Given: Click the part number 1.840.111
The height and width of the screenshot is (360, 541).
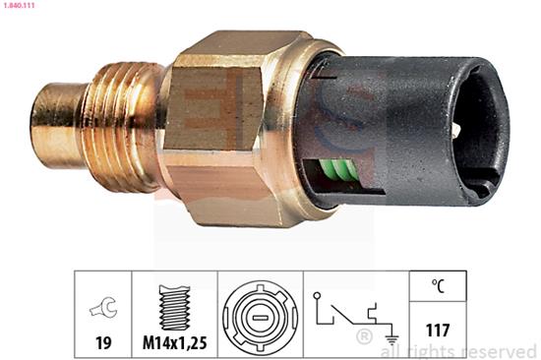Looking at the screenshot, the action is coord(18,6).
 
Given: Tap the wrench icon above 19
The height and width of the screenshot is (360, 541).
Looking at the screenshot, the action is coord(103,307).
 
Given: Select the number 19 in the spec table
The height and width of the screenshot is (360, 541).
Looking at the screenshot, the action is coord(103,342).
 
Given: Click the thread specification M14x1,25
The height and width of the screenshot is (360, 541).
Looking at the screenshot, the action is coord(174,342).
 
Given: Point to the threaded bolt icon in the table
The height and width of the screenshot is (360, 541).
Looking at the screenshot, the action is coord(174,307).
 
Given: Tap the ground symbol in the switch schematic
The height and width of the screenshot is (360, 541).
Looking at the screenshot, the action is coord(391,340).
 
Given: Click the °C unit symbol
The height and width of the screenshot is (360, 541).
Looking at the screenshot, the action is coord(438,286).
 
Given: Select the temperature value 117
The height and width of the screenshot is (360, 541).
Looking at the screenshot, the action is coord(438,330).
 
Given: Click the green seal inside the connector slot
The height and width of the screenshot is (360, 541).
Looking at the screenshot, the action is coord(337,169).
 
